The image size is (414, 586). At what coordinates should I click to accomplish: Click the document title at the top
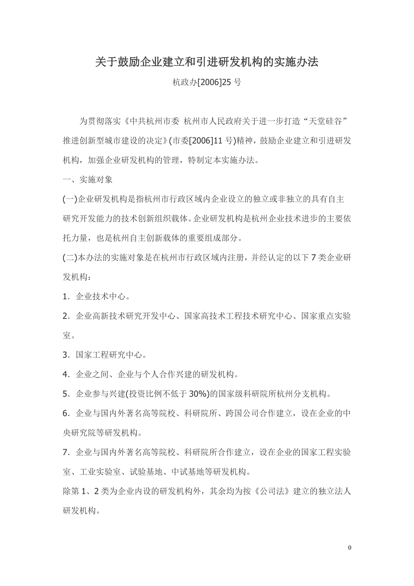(207, 63)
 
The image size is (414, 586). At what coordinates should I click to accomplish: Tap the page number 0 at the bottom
(349, 548)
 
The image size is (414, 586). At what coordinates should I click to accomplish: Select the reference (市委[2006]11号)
(203, 140)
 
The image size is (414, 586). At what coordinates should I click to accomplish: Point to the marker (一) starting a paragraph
(70, 199)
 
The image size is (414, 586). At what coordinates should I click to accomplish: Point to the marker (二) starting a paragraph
(70, 257)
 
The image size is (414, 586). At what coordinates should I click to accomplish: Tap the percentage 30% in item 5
(198, 394)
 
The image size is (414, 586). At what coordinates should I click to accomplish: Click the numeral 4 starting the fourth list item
(66, 374)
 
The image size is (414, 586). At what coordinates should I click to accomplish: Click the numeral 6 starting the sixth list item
(66, 414)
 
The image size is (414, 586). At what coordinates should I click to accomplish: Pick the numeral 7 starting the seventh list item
(66, 452)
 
